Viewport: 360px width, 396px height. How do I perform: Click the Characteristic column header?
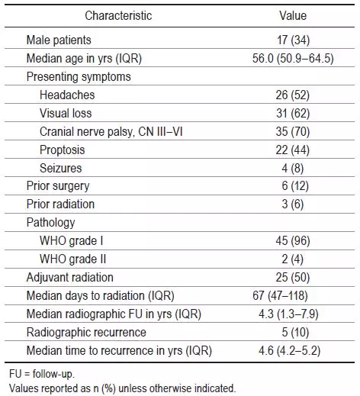tap(118, 15)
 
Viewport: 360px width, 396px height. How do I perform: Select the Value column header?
tap(293, 15)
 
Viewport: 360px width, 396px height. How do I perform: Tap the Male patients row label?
tap(59, 40)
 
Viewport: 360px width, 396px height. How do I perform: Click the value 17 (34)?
tap(293, 40)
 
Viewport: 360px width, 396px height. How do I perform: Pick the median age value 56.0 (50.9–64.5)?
tap(293, 58)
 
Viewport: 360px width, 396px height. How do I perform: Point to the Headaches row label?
tap(67, 95)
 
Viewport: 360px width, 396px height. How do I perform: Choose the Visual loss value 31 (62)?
tap(293, 113)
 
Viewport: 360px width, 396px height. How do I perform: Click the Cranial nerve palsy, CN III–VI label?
tap(111, 131)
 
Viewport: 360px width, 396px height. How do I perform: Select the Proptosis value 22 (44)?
tap(293, 150)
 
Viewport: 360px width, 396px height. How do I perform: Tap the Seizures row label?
tap(61, 168)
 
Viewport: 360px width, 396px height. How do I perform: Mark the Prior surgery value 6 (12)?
tap(295, 186)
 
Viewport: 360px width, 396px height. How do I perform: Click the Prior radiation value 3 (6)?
tap(293, 204)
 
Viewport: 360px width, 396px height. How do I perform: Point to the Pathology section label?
tap(50, 223)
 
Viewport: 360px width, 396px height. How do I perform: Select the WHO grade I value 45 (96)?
tap(293, 241)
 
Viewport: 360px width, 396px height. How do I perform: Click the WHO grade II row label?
tap(72, 259)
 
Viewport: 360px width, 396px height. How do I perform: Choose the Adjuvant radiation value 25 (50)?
tap(293, 278)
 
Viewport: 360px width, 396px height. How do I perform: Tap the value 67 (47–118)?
tap(280, 296)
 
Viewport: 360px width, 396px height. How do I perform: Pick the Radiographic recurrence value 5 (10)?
tap(295, 332)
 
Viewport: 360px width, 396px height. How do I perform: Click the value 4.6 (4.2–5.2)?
tap(290, 351)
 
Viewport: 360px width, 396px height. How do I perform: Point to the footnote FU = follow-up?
tap(42, 374)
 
